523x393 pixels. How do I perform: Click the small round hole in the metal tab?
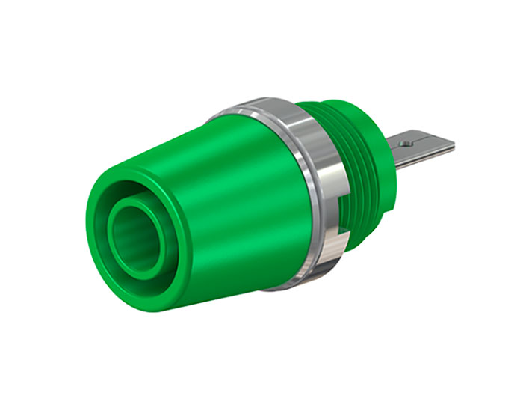point(406,139)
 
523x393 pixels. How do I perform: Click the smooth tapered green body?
point(224,195)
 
